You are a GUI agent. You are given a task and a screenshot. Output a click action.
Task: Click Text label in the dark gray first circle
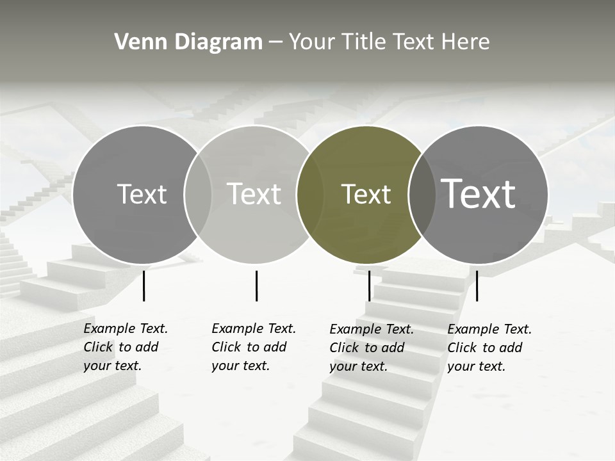coord(142,194)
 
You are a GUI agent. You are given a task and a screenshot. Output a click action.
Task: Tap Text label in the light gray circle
coord(254,194)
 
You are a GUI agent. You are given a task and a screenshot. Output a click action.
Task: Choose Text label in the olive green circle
coord(366,194)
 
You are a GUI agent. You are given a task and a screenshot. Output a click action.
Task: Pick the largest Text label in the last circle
coord(479,193)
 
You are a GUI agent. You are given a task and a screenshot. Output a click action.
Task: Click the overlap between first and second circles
coord(198,194)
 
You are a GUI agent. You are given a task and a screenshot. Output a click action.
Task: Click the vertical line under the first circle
coord(143,286)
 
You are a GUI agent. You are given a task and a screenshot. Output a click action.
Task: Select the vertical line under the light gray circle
coord(256,286)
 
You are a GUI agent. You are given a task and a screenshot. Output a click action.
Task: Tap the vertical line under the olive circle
coord(369,286)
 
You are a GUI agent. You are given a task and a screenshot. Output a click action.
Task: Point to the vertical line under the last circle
coord(477,286)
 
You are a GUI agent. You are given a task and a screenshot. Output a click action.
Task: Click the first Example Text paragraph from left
coord(126,347)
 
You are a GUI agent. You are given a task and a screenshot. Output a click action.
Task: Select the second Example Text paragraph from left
coord(254,347)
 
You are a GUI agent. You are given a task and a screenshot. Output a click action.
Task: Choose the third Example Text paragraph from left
coord(372,348)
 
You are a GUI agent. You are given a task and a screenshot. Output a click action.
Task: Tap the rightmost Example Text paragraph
coord(489,348)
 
